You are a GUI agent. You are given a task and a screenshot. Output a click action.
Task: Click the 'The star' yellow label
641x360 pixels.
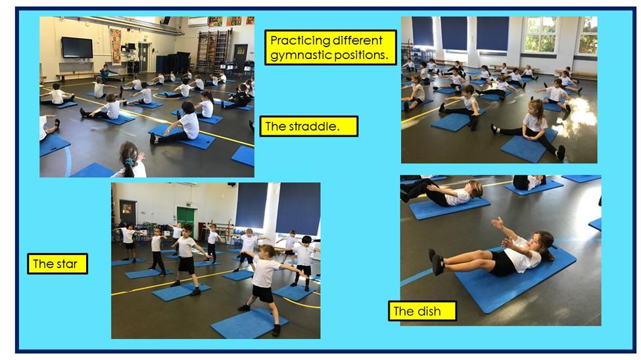pyautogui.click(x=58, y=263)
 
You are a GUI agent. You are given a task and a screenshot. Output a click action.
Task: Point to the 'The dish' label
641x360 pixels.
pyautogui.click(x=422, y=311)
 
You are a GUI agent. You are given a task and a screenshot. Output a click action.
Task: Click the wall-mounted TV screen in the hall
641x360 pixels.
pyautogui.click(x=77, y=47)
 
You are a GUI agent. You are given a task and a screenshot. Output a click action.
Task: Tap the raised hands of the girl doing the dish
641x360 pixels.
pyautogui.click(x=501, y=231)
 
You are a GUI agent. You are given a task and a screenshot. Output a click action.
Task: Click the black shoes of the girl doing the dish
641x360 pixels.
pyautogui.click(x=436, y=261)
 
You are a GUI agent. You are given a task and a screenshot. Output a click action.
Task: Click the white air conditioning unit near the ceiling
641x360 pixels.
pyautogui.click(x=198, y=22)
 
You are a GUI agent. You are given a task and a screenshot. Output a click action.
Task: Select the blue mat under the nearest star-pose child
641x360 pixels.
pyautogui.click(x=249, y=323)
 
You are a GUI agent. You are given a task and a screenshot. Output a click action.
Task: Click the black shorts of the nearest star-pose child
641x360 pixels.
pyautogui.click(x=262, y=294)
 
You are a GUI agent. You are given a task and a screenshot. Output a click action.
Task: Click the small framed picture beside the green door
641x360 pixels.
pyautogui.click(x=128, y=209)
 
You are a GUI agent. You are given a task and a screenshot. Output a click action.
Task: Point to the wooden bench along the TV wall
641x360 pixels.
pyautogui.click(x=78, y=74)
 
